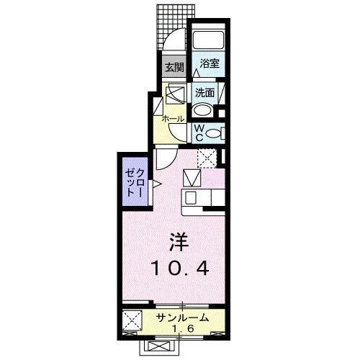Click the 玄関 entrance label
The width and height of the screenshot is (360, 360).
(174, 68)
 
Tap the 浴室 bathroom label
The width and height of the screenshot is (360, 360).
(210, 63)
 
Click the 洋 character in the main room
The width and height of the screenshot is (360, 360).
(180, 239)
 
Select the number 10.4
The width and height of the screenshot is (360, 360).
(181, 269)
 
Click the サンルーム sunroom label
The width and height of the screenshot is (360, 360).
(182, 317)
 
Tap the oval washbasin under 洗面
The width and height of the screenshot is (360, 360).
(204, 110)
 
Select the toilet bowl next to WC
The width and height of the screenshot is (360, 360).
(217, 132)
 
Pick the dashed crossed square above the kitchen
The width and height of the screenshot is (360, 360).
(208, 157)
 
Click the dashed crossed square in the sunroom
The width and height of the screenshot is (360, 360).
(133, 321)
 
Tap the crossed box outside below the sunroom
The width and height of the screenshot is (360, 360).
(158, 346)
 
